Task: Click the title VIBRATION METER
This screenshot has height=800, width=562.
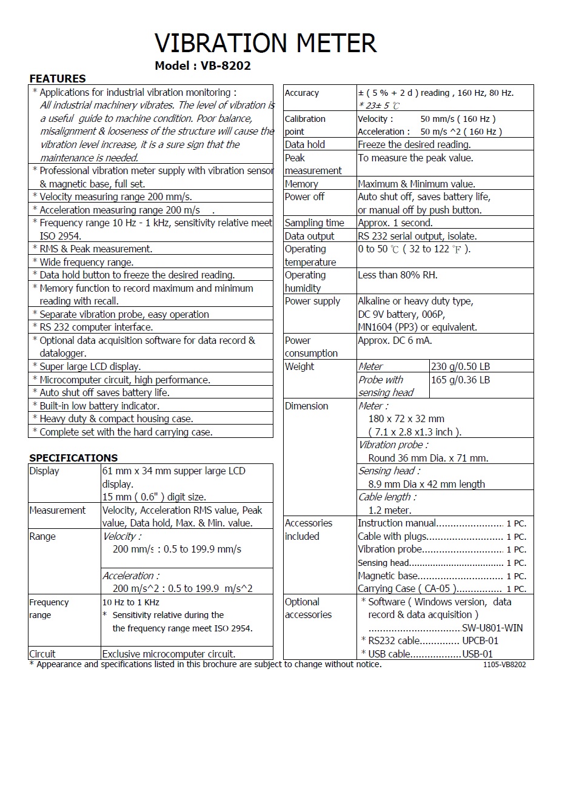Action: [266, 43]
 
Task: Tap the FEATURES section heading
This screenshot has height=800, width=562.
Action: [58, 78]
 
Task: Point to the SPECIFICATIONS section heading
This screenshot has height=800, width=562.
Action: [73, 458]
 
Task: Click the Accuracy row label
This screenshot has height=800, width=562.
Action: [302, 93]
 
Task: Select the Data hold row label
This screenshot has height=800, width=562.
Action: [305, 144]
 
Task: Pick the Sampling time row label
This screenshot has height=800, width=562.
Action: [314, 223]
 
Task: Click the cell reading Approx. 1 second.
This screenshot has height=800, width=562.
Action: [395, 223]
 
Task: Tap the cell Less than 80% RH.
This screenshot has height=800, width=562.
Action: [398, 275]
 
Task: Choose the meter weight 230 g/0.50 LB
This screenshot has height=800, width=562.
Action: [460, 366]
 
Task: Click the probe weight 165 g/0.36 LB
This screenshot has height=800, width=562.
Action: [460, 380]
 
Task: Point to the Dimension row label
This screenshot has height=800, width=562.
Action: [306, 406]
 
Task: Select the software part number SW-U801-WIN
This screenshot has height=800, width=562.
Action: [492, 628]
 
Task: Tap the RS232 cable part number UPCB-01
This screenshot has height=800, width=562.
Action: [480, 640]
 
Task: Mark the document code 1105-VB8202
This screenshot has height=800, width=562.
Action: [504, 665]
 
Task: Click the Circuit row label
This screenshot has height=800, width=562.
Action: [42, 654]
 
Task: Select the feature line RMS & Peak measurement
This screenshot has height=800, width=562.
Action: [96, 249]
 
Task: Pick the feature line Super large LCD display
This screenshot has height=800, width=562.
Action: [90, 366]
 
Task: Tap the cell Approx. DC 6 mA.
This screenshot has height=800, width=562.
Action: [395, 340]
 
